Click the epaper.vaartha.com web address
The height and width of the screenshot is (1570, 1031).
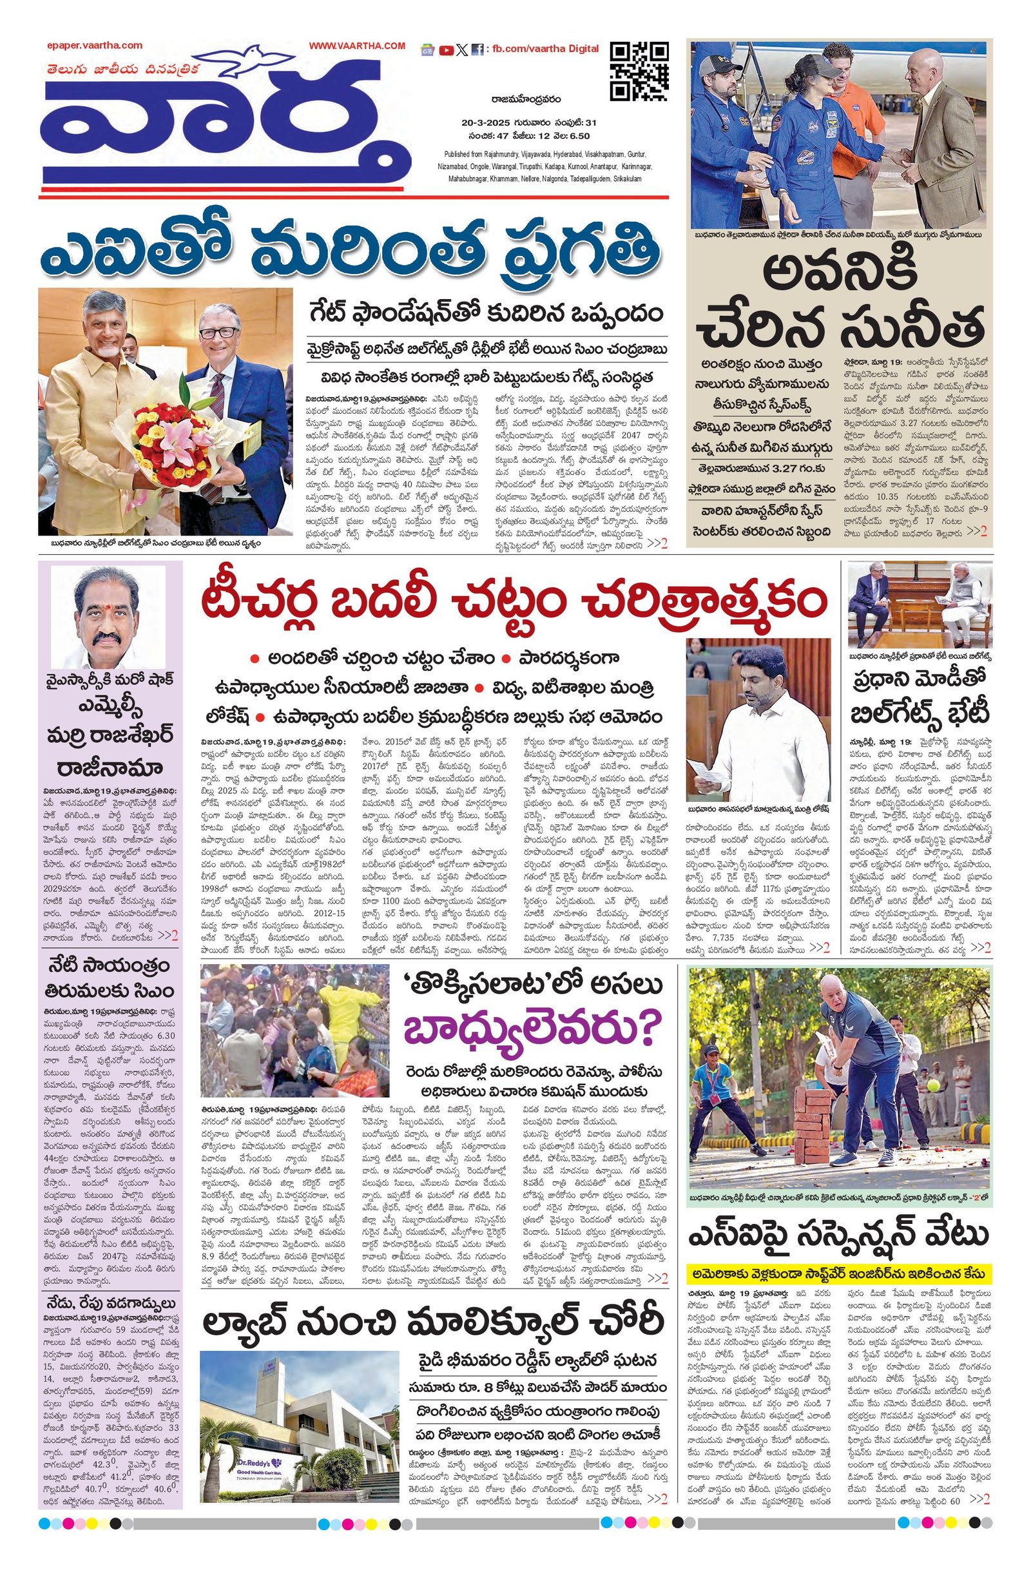94,46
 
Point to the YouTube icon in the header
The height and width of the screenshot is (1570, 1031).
446,50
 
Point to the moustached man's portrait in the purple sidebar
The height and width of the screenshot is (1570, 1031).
108,617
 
